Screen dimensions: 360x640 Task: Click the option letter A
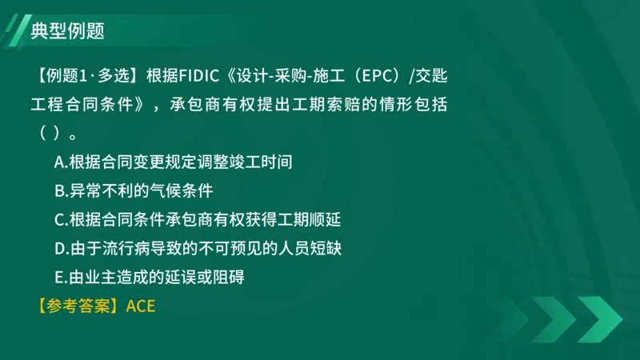click(59, 162)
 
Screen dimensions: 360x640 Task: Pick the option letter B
click(59, 190)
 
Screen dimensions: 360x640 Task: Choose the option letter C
click(59, 219)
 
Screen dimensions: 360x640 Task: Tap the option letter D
click(59, 248)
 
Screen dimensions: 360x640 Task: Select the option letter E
click(59, 277)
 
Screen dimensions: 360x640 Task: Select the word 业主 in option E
click(94, 277)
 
